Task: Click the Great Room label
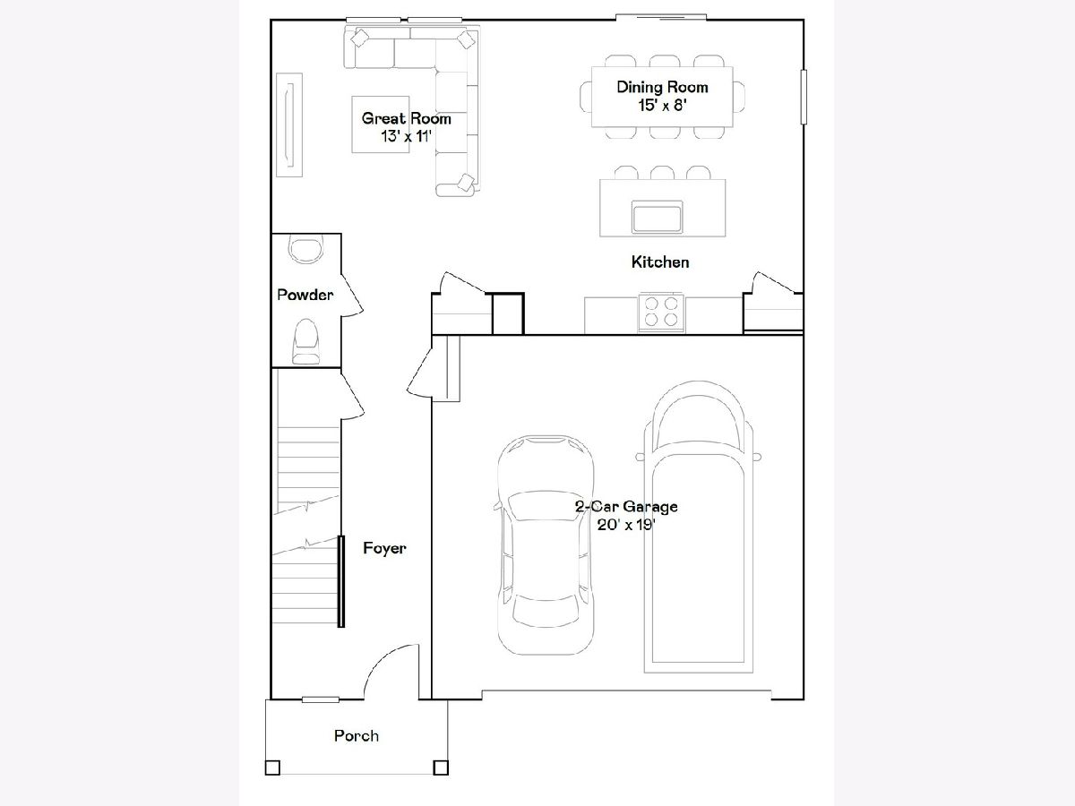coord(407,118)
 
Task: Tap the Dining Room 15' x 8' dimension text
coord(663,105)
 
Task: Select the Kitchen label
coord(660,262)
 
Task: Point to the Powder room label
coord(305,295)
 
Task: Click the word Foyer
coord(384,548)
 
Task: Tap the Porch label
coord(357,736)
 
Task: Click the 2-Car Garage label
coord(626,507)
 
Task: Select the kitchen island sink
coord(658,217)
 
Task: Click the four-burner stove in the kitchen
coord(661,313)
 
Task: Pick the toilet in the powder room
coord(306,341)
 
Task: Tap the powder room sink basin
coord(306,249)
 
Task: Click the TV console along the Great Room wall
coord(289,124)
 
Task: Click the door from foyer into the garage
coord(419,373)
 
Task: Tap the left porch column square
coord(273,767)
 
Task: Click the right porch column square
coord(441,767)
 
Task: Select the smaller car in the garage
coord(546,544)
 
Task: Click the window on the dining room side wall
coord(804,97)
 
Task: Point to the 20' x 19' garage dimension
coord(626,525)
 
